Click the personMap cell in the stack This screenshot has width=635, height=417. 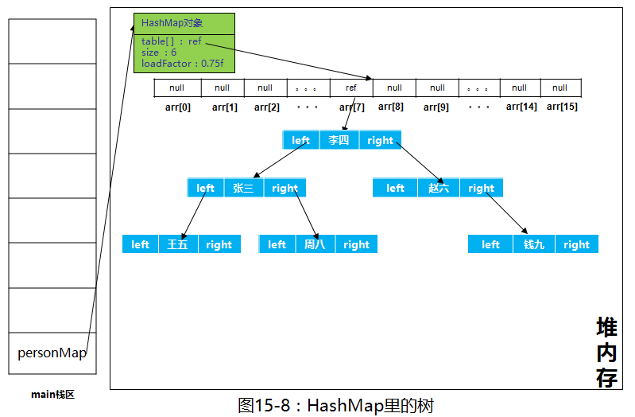tap(52, 353)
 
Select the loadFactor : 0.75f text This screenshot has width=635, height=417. tap(181, 64)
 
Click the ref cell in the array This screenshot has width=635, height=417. tap(350, 88)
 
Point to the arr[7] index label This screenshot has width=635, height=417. tap(351, 107)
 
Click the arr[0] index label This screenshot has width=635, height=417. tap(179, 107)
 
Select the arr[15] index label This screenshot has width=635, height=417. tap(562, 107)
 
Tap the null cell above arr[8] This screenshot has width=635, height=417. tap(394, 88)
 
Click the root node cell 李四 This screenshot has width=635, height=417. tap(339, 140)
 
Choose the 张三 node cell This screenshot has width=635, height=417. tap(243, 189)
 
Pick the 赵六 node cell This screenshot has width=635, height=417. tap(438, 189)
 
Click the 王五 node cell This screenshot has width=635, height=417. tap(178, 244)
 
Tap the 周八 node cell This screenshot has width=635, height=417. tap(315, 244)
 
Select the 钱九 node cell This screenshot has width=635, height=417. tap(534, 244)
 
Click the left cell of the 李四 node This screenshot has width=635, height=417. tap(300, 140)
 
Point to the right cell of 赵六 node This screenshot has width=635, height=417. tap(481, 189)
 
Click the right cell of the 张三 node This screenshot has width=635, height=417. tap(285, 189)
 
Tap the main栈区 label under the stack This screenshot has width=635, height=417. tap(52, 394)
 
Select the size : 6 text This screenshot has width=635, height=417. tap(159, 53)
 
